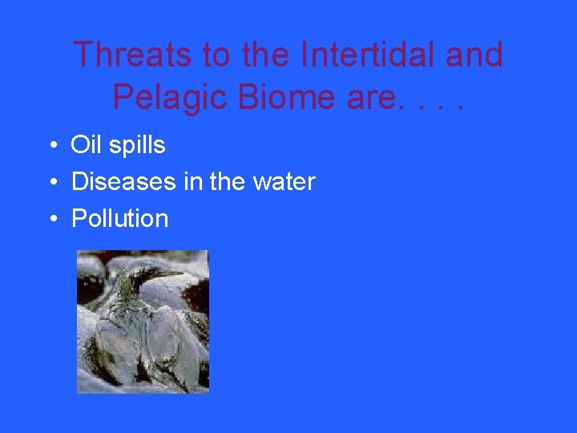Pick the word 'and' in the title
pos(474,55)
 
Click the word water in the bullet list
pos(284,182)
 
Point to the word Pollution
pos(120,219)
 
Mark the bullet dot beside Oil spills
pos(50,146)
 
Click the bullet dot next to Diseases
pos(50,183)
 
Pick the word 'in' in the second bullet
pos(192,182)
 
